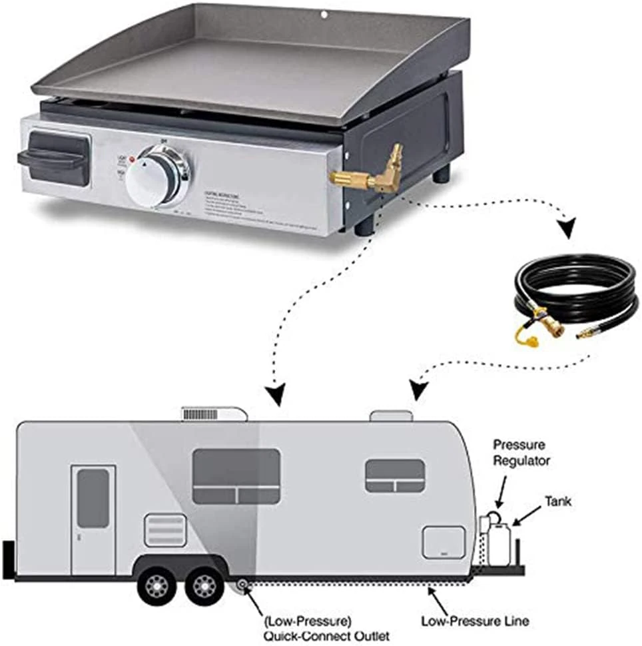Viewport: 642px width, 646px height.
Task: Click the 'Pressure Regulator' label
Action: (x=519, y=451)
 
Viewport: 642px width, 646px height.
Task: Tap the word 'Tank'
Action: (x=557, y=500)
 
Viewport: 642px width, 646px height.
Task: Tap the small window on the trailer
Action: (x=395, y=476)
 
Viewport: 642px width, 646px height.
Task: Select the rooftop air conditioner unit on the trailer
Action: (x=213, y=413)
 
